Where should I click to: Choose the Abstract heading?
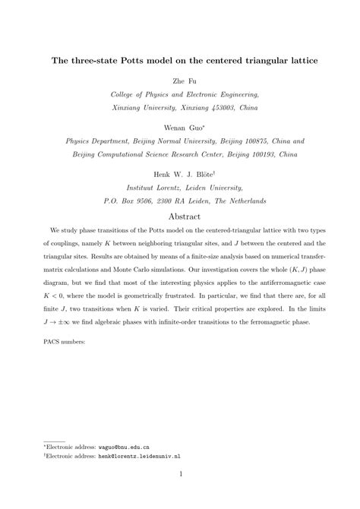(x=179, y=217)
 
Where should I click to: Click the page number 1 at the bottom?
(x=180, y=476)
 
